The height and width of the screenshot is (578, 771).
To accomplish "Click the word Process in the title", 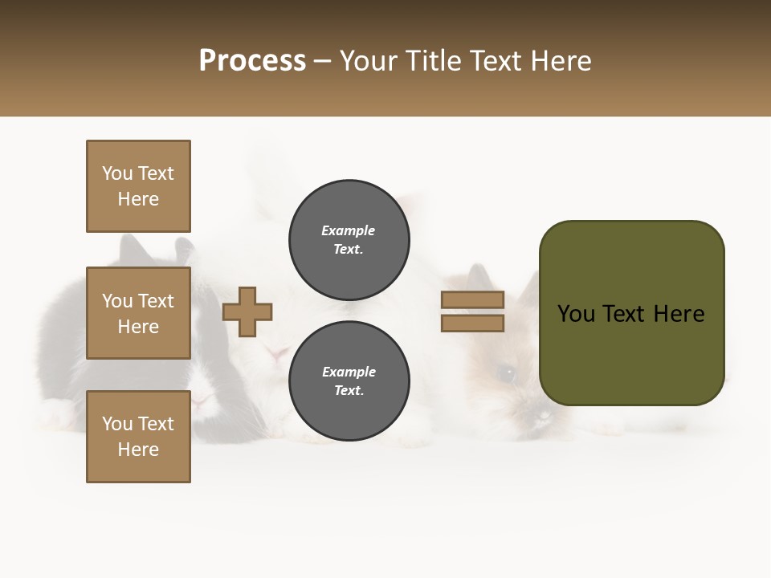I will [252, 61].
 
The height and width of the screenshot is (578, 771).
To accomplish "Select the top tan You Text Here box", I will [138, 186].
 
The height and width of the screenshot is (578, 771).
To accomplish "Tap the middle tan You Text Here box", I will [138, 313].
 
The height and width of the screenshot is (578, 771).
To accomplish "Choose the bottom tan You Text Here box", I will [138, 437].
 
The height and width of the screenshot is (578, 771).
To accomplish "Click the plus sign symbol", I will [247, 311].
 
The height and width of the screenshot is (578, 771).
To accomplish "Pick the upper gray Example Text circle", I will [349, 240].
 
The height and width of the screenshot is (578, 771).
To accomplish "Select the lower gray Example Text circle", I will [349, 381].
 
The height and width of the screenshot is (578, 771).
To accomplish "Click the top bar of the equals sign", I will [472, 299].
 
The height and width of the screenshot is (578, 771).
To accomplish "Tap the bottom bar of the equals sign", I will [472, 324].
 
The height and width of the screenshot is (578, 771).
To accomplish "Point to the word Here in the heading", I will [559, 61].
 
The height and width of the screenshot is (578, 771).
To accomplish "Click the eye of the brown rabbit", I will [506, 372].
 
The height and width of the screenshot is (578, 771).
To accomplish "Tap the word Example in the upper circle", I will [349, 230].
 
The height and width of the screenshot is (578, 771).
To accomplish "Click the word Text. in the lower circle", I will [349, 391].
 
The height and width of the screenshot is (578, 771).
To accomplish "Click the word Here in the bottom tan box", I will [138, 450].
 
